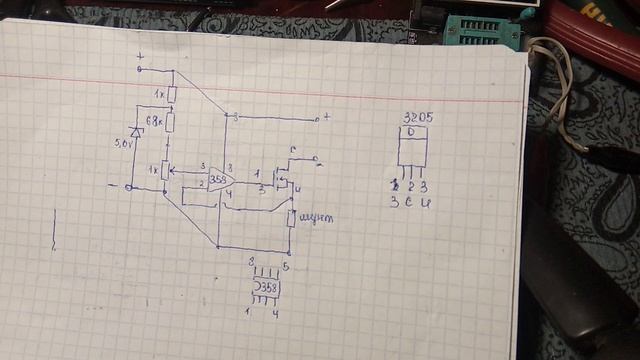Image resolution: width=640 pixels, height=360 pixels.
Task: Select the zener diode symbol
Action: (136, 133)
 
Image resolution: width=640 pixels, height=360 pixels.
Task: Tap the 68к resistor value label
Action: (153, 120)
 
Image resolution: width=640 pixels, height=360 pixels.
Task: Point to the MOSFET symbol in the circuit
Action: (284, 181)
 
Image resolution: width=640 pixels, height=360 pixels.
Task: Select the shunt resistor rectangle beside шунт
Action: (291, 218)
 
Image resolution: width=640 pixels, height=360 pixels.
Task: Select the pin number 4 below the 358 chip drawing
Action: (275, 314)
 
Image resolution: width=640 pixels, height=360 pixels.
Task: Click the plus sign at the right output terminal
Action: (327, 117)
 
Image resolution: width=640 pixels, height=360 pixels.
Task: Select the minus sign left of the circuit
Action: (112, 184)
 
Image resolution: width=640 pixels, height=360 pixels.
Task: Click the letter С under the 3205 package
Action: (409, 201)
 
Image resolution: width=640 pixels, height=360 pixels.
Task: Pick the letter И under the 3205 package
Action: (424, 201)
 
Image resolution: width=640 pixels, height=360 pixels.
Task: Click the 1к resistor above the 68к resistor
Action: (172, 95)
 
